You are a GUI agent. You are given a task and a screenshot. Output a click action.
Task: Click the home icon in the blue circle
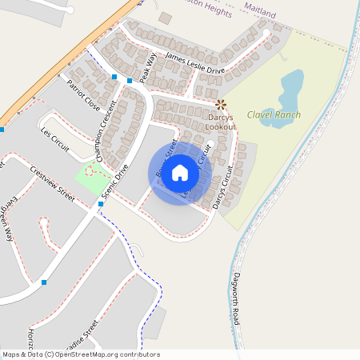[x=180, y=172]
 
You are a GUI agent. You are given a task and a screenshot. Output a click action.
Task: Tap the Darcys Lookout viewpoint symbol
[x=221, y=104]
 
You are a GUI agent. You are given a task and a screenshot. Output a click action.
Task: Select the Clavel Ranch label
[x=274, y=114]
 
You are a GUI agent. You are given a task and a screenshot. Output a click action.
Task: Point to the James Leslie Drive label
[x=194, y=64]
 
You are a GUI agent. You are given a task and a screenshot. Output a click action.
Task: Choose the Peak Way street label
[x=148, y=66]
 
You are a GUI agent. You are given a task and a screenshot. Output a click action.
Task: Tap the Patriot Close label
[x=84, y=94]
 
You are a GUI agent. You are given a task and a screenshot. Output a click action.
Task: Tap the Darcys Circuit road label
[x=226, y=187]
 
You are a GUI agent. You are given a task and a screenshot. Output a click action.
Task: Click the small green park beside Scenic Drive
[x=94, y=178]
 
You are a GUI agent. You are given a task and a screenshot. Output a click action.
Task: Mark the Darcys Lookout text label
[x=220, y=122]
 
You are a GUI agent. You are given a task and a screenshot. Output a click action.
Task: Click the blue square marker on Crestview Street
[x=100, y=204]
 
